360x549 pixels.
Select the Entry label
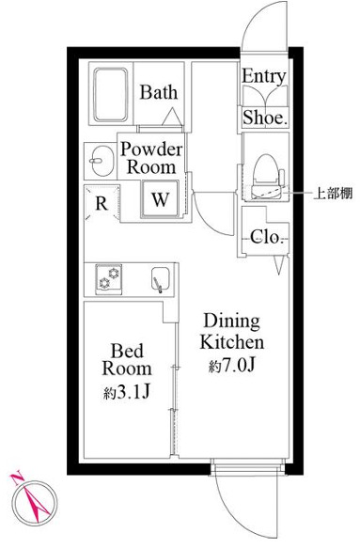pyautogui.click(x=265, y=76)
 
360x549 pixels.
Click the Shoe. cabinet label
pyautogui.click(x=265, y=117)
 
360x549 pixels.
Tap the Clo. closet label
pyautogui.click(x=267, y=238)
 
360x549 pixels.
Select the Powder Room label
pyautogui.click(x=150, y=157)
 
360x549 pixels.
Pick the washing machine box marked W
pyautogui.click(x=161, y=199)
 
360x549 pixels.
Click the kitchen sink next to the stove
pyautogui.click(x=159, y=279)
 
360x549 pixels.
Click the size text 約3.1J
pyautogui.click(x=122, y=390)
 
